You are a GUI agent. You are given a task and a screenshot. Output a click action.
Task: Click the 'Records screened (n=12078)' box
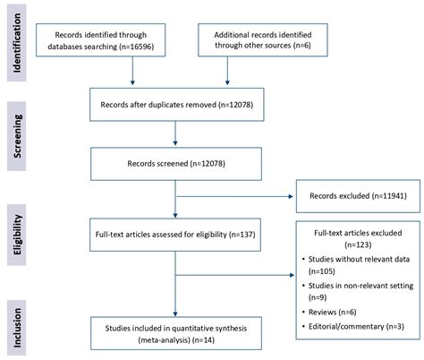coord(175,165)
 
